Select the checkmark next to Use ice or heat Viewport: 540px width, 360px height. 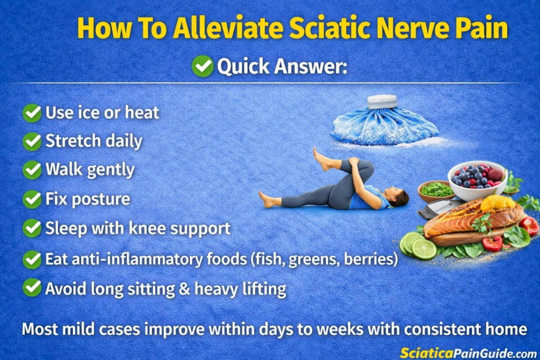[x=32, y=113]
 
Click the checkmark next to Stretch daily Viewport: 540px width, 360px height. [x=32, y=141]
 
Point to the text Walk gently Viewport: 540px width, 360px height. [x=90, y=170]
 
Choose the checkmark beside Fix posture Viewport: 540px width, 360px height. [x=32, y=199]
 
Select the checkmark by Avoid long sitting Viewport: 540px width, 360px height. [x=32, y=288]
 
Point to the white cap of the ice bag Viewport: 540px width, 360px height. [x=381, y=101]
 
